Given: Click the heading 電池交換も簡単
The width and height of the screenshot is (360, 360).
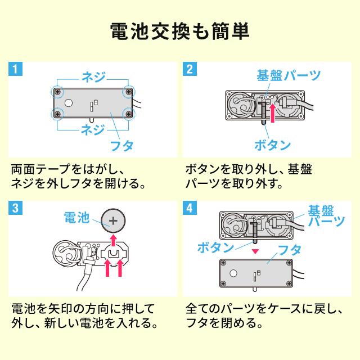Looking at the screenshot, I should (x=180, y=31).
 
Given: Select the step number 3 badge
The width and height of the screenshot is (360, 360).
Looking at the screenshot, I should (x=17, y=208).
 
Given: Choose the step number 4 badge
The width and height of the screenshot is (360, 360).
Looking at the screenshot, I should (x=191, y=208).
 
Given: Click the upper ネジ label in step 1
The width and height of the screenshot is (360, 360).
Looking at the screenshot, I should (x=93, y=76).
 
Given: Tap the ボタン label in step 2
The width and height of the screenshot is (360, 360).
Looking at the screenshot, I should (x=272, y=145).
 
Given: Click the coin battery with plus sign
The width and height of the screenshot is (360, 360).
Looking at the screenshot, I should (x=112, y=221).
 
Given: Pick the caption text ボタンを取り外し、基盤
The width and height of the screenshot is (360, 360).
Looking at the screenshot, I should (x=249, y=169).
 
